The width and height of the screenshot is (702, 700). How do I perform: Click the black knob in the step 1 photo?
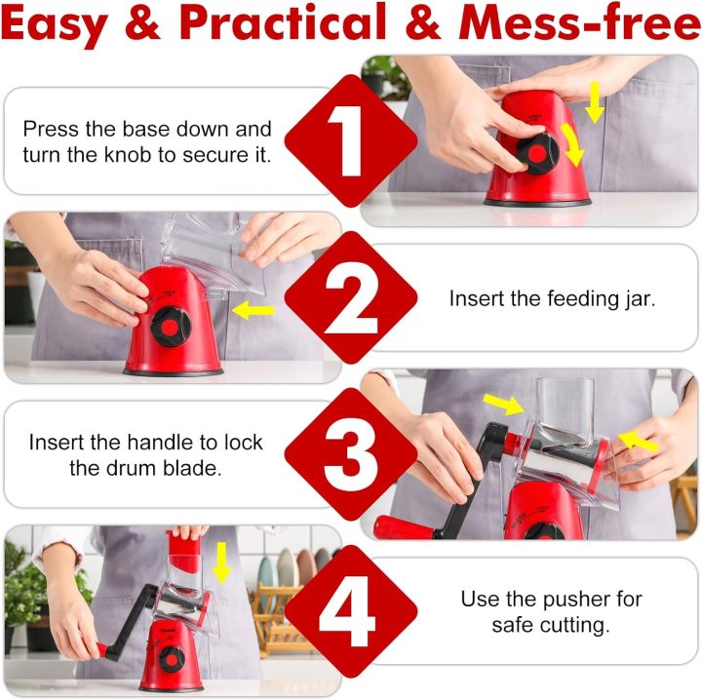click(x=534, y=152)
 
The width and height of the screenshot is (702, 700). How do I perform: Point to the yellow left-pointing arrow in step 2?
click(x=254, y=311)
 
